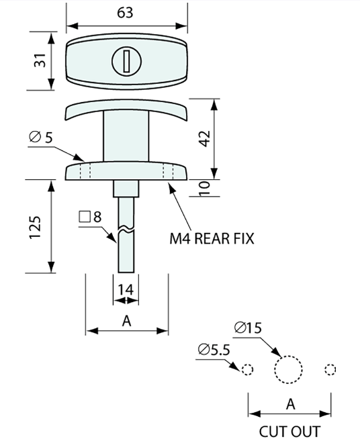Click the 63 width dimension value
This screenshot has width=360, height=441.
[x=125, y=13]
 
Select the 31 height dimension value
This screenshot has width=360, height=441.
[x=40, y=60]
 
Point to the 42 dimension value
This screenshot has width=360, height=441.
[x=205, y=139]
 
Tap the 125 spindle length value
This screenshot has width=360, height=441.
[x=36, y=228]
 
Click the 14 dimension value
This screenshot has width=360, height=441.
[x=126, y=290]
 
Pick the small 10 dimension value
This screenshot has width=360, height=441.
[x=205, y=189]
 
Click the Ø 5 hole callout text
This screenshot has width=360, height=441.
[x=41, y=138]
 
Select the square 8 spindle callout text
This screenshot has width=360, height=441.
[x=90, y=217]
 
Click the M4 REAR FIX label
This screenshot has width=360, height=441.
[x=212, y=238]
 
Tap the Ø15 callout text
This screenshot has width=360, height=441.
[x=248, y=328]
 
